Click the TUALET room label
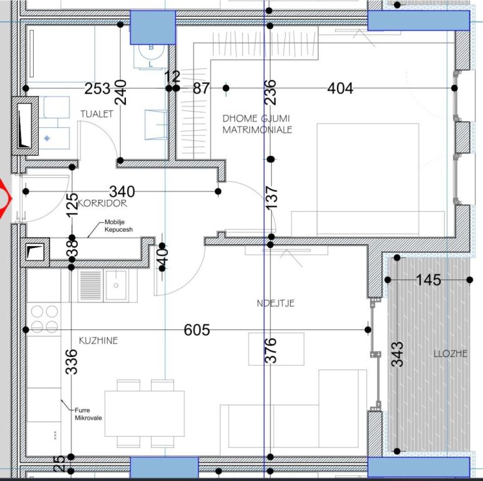[96, 114]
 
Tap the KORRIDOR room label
[103, 204]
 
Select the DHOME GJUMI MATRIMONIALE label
[257, 124]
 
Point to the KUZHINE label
[98, 341]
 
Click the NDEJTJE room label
[275, 303]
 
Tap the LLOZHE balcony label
[450, 353]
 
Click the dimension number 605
[197, 330]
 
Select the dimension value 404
[340, 88]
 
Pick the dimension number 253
[98, 88]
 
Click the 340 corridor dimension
[122, 191]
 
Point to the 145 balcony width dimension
[428, 279]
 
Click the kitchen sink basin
[116, 286]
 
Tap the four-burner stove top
[44, 318]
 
